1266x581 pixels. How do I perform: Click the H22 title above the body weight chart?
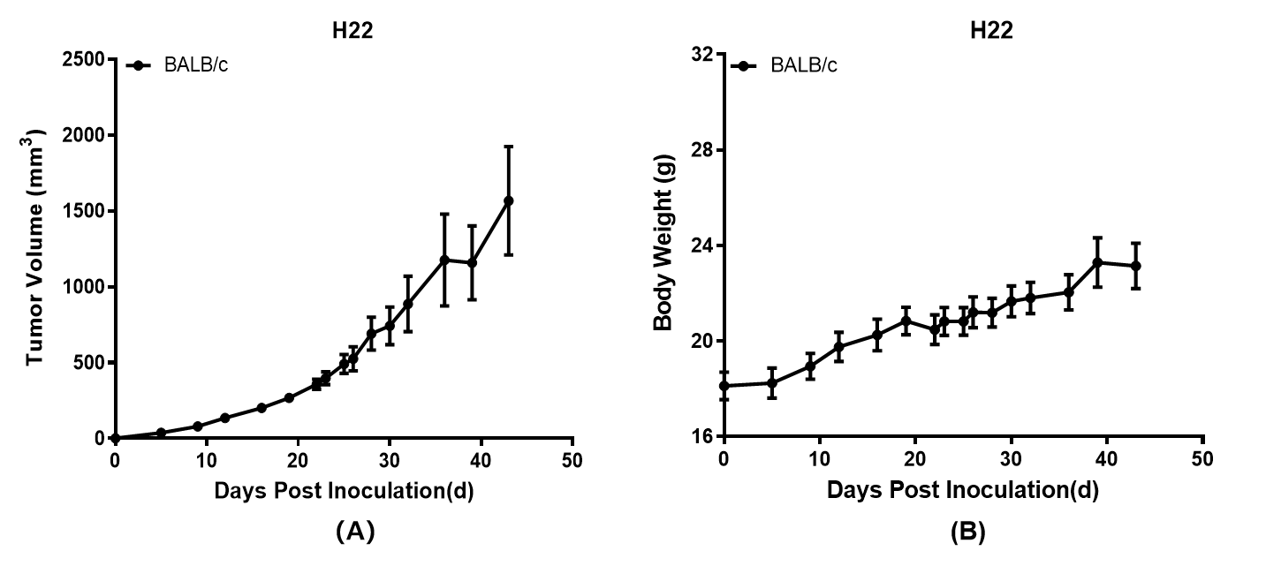click(991, 30)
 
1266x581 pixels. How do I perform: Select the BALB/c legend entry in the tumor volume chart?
click(195, 64)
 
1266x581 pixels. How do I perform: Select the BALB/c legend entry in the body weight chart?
click(803, 65)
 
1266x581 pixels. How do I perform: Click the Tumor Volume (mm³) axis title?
click(35, 247)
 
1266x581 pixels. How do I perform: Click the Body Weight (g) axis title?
click(663, 242)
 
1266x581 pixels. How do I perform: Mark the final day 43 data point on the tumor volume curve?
click(508, 200)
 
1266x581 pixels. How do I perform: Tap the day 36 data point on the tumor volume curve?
click(444, 260)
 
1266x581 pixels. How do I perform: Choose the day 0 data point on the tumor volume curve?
click(115, 438)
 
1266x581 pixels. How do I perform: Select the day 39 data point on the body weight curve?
click(1097, 262)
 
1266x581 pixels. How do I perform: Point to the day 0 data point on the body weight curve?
click(724, 386)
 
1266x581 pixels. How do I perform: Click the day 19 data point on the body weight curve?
click(906, 320)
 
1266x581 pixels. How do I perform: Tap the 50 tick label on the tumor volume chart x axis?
click(573, 460)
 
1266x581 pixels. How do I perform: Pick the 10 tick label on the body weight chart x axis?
click(820, 459)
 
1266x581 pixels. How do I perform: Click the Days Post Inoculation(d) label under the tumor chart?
click(344, 491)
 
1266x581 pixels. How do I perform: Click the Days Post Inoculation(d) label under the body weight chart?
click(963, 491)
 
